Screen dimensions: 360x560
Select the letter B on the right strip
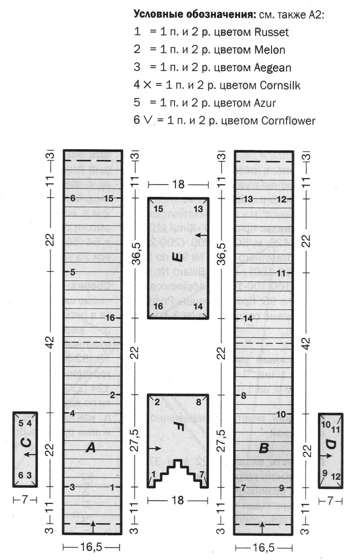click(262, 448)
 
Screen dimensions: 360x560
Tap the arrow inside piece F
click(156, 448)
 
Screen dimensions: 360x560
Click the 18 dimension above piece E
click(177, 184)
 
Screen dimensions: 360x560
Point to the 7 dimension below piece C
click(24, 498)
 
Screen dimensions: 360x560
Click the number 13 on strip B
click(248, 198)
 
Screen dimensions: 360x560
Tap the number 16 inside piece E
click(158, 306)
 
